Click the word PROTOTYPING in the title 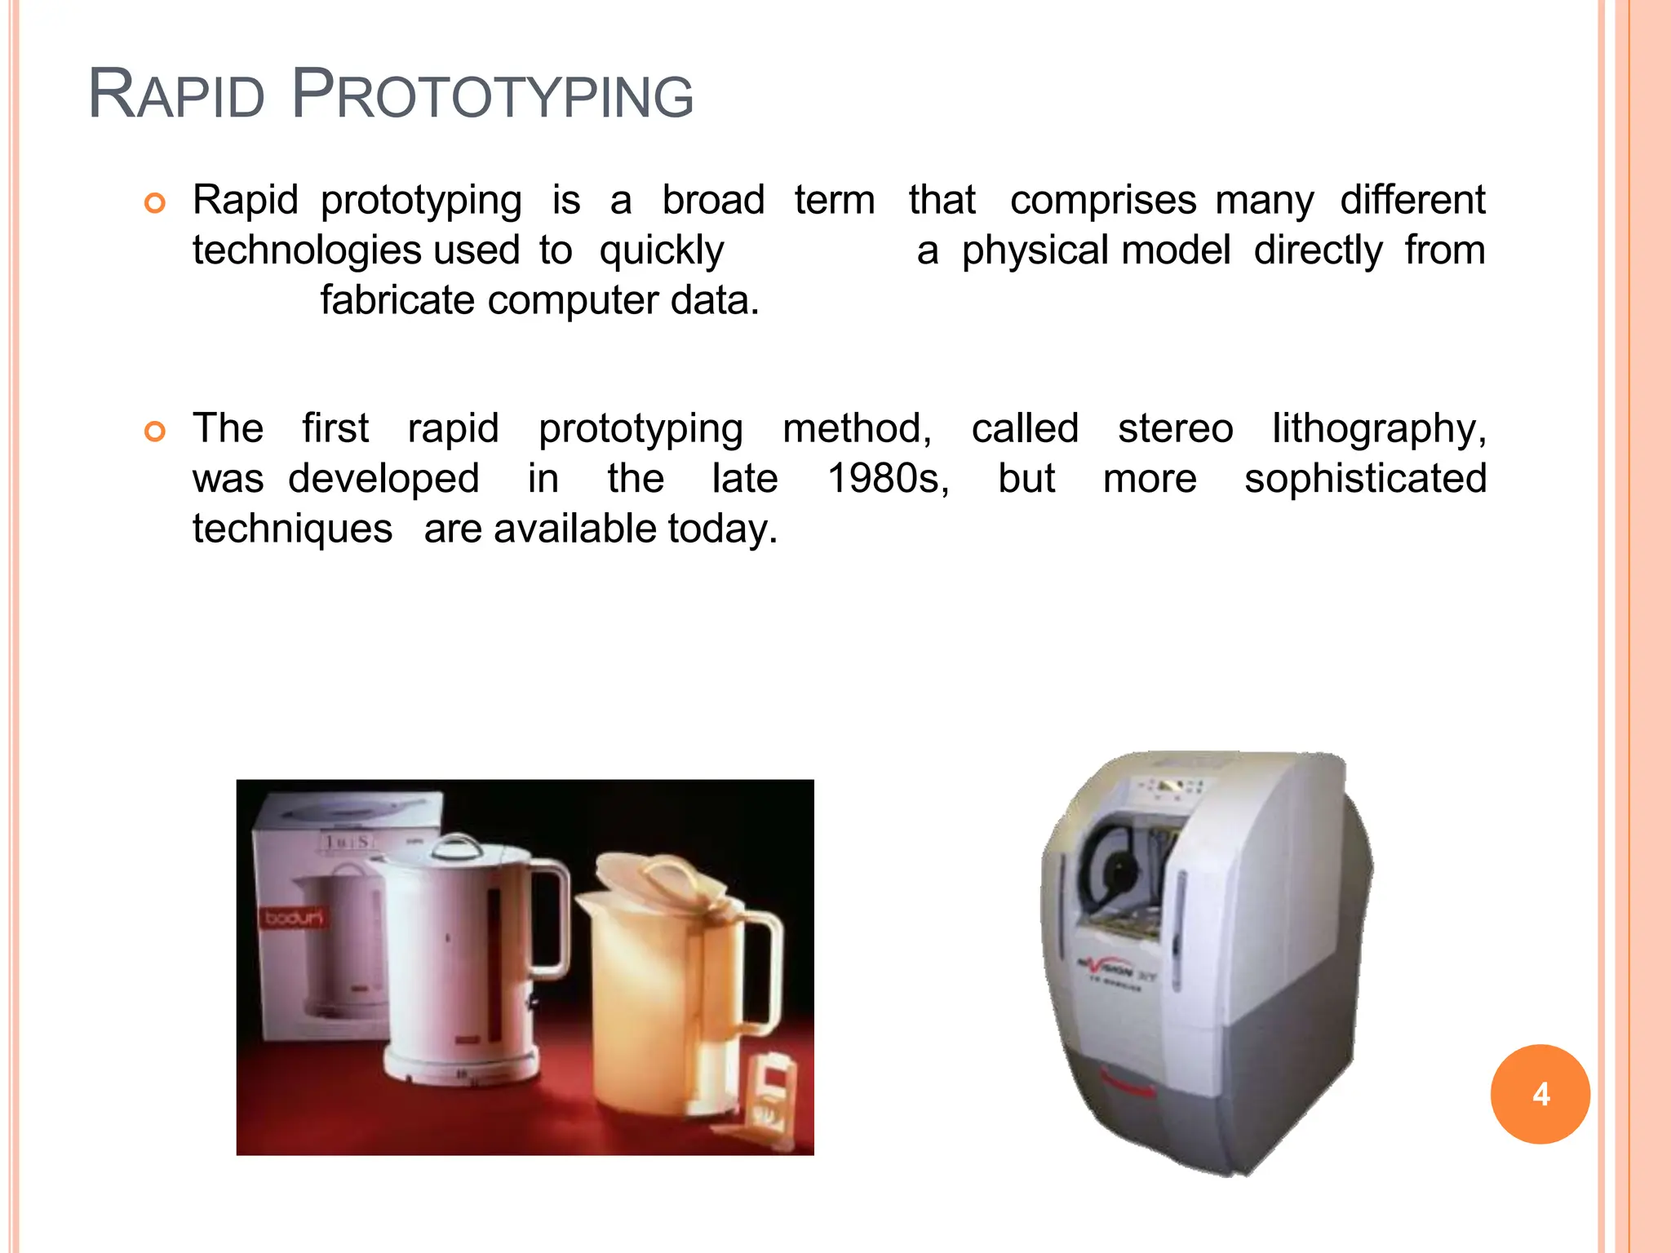(492, 95)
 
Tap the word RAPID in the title (176, 95)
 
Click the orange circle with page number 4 (1540, 1094)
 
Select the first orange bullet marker (155, 203)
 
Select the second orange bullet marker (155, 431)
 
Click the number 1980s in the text (888, 479)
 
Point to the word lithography (1379, 429)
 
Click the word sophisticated (1365, 479)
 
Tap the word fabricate (397, 300)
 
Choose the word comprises (1103, 201)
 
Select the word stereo (1175, 429)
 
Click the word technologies (307, 250)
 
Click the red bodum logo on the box (293, 918)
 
